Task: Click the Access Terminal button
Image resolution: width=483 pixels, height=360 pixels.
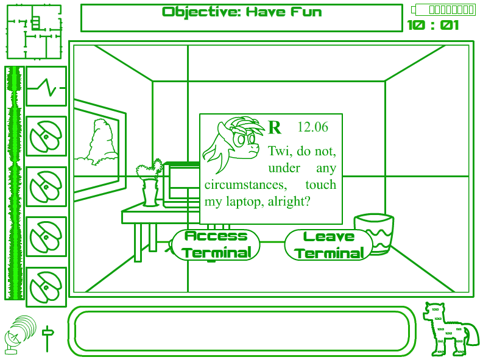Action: pyautogui.click(x=216, y=244)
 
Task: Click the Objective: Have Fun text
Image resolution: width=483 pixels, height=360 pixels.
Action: pyautogui.click(x=242, y=12)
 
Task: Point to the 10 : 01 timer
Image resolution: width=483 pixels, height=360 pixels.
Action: pyautogui.click(x=433, y=25)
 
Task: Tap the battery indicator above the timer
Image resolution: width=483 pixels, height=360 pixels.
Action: pyautogui.click(x=443, y=9)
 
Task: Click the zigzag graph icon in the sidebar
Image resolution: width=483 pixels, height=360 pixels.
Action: pyautogui.click(x=46, y=86)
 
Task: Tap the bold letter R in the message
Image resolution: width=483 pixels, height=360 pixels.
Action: pyautogui.click(x=275, y=128)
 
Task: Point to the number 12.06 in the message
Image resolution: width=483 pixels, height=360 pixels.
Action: pyautogui.click(x=312, y=127)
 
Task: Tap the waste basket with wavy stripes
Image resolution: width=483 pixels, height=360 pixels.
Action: pyautogui.click(x=373, y=233)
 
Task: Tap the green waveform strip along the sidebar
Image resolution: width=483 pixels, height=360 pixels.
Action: pyautogui.click(x=15, y=183)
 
